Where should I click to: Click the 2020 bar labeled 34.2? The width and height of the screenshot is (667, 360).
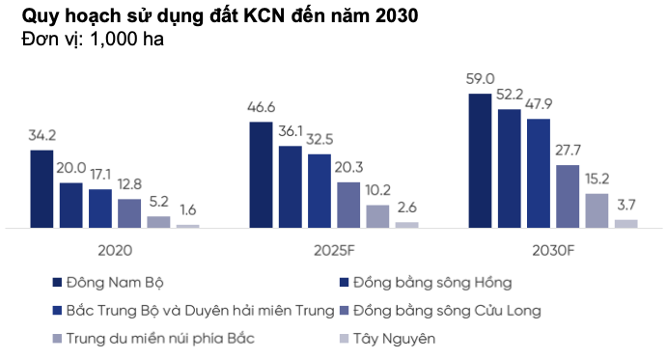point(42,189)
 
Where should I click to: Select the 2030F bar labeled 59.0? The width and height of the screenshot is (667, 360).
point(480,161)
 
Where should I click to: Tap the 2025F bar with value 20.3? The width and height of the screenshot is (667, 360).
point(348,206)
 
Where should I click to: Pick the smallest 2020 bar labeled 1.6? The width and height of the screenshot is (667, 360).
point(187,226)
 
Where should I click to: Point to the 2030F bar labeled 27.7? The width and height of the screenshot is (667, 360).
point(568,197)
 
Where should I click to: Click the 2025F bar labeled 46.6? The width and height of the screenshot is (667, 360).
point(261,175)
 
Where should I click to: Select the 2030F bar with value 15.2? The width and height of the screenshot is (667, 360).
point(597,210)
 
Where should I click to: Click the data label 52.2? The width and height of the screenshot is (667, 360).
point(510,95)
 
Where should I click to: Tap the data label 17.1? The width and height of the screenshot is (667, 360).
point(100,174)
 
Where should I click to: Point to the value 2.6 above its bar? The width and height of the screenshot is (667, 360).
point(407,208)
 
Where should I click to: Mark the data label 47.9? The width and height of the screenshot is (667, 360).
point(539,104)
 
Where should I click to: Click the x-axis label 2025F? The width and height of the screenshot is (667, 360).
point(334,250)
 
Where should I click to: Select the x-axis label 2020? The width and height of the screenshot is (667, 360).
point(115,250)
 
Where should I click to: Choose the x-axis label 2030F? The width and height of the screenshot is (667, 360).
point(553,250)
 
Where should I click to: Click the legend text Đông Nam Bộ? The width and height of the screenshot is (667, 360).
point(115,283)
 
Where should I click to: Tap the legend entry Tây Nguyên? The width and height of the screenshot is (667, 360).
point(394,339)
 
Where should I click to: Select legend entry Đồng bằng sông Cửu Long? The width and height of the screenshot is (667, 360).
point(447,311)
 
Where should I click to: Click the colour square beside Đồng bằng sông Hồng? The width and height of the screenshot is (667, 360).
point(345,283)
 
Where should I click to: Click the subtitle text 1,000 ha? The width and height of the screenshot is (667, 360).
point(126,40)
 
